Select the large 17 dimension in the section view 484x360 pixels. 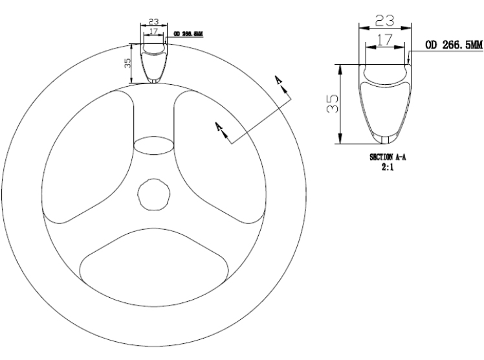click(x=385, y=39)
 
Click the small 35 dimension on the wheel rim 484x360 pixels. click(x=127, y=63)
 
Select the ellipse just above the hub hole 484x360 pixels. click(x=153, y=146)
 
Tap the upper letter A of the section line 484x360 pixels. click(x=278, y=79)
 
